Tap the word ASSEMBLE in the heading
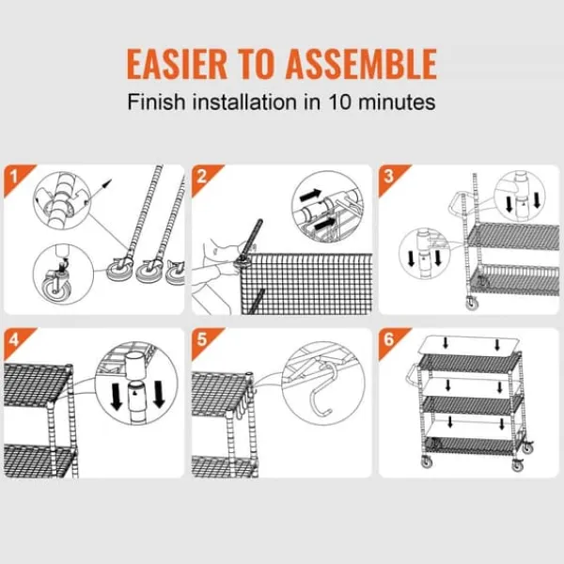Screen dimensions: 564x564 pyautogui.click(x=361, y=64)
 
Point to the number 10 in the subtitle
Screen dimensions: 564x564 pyautogui.click(x=339, y=102)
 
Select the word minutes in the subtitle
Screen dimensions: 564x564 pyautogui.click(x=397, y=102)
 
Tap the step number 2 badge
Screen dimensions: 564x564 pyautogui.click(x=202, y=177)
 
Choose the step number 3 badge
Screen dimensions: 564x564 pyautogui.click(x=389, y=177)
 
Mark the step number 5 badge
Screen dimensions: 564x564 pyautogui.click(x=202, y=340)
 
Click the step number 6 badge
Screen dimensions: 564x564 pyautogui.click(x=389, y=340)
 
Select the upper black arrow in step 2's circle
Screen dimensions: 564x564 pyautogui.click(x=310, y=196)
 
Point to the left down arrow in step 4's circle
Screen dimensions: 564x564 pyautogui.click(x=116, y=396)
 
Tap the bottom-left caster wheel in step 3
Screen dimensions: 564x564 pyautogui.click(x=472, y=304)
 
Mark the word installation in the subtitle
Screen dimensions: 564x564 pyautogui.click(x=245, y=102)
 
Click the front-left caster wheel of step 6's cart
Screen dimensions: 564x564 pyautogui.click(x=427, y=462)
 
